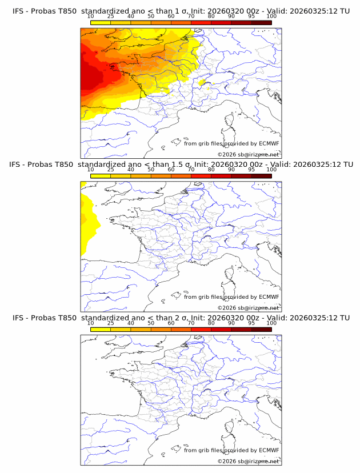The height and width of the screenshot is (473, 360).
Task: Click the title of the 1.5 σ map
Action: (x=181, y=165)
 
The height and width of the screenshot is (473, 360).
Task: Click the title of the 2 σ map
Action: (x=181, y=318)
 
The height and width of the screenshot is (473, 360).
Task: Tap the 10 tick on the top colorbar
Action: (x=91, y=17)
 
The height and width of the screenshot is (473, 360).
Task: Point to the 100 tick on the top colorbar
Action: (x=271, y=17)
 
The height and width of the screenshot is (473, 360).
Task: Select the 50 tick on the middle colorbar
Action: (x=151, y=170)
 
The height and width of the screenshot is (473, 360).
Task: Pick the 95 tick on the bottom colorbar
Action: (x=251, y=323)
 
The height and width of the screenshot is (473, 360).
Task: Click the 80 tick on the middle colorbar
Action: (x=211, y=170)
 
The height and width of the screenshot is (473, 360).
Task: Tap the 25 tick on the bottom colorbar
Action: (x=111, y=323)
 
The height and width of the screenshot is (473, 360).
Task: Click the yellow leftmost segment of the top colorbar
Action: (x=101, y=22)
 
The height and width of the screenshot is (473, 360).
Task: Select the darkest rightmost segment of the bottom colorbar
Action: (x=261, y=328)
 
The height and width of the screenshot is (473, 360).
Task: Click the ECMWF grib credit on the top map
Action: (x=231, y=144)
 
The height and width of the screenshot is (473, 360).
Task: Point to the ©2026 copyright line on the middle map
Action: (x=248, y=307)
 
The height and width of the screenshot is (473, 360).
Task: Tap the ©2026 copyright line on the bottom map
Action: (x=248, y=460)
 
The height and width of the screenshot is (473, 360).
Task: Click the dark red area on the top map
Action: (x=89, y=77)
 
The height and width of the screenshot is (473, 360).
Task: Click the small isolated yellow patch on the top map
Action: (x=202, y=83)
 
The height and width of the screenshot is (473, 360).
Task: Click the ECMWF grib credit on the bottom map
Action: (x=231, y=450)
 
